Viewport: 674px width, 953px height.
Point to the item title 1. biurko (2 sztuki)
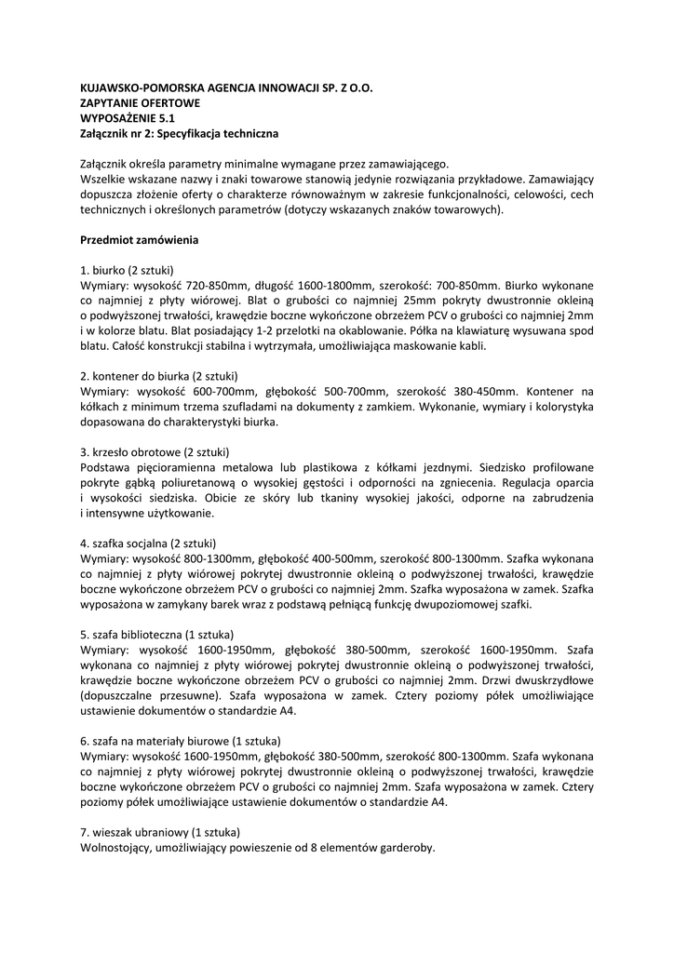pyautogui.click(x=128, y=269)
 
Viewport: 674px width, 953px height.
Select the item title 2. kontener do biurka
pyautogui.click(x=159, y=376)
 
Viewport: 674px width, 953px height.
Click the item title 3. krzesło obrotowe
pyautogui.click(x=155, y=452)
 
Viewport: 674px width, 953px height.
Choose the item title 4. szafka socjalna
pyautogui.click(x=149, y=544)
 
